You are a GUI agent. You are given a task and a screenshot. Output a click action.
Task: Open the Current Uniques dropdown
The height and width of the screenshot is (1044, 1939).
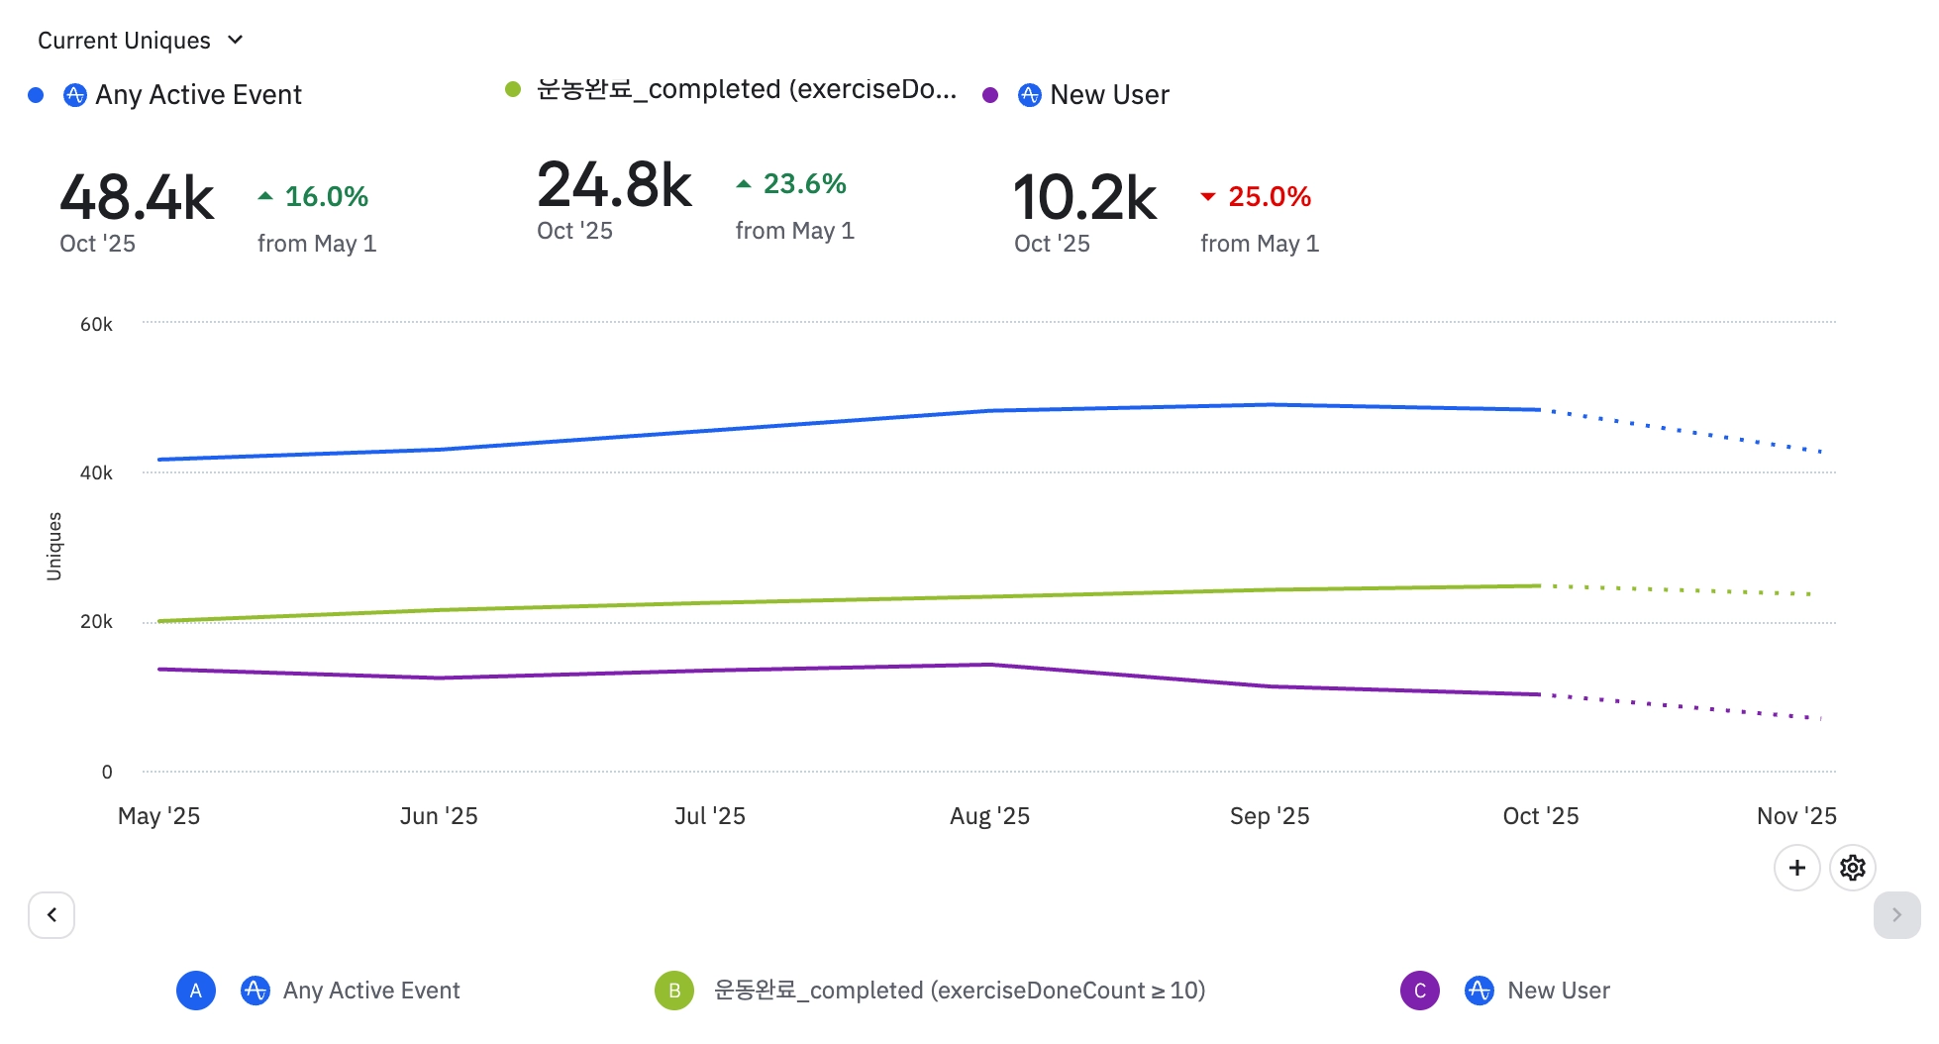[140, 41]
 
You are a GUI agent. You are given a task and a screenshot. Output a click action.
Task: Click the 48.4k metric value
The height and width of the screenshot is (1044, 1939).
[137, 197]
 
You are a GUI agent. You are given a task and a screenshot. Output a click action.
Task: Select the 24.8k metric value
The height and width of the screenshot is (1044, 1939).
[614, 185]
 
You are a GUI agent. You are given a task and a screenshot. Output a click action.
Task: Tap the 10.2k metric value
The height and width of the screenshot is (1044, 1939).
[1084, 197]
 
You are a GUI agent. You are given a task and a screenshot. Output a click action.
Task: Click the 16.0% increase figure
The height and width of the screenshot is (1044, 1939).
[326, 197]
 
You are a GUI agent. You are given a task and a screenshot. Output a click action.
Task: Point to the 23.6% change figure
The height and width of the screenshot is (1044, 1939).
[804, 184]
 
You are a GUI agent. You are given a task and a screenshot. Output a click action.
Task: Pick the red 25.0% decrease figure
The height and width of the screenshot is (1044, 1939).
[1269, 197]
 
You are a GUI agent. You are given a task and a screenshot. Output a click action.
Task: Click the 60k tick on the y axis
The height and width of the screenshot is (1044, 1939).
[96, 325]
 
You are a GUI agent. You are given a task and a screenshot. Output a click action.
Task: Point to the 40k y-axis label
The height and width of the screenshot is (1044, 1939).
[96, 473]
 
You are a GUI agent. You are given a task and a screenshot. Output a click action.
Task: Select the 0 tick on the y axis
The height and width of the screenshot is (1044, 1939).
[107, 773]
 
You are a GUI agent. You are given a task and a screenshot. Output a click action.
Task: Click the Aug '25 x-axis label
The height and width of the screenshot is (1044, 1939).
[989, 816]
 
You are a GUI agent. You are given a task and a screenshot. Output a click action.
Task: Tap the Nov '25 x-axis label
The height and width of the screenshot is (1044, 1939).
[1795, 816]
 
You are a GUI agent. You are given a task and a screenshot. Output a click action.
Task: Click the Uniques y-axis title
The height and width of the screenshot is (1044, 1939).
[54, 546]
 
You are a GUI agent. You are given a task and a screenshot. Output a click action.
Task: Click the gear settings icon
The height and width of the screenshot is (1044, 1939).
[1852, 869]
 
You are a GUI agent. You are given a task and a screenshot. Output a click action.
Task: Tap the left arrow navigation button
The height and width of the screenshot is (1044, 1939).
[51, 915]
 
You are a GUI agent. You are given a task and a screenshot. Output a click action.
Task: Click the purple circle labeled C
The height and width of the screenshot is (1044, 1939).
[1419, 991]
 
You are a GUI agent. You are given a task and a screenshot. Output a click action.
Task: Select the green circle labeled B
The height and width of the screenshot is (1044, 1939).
[674, 991]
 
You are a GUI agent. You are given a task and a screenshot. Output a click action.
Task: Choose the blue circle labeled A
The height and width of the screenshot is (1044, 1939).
[196, 991]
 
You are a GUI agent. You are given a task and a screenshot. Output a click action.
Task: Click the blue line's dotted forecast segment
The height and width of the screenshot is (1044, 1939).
[1684, 431]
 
